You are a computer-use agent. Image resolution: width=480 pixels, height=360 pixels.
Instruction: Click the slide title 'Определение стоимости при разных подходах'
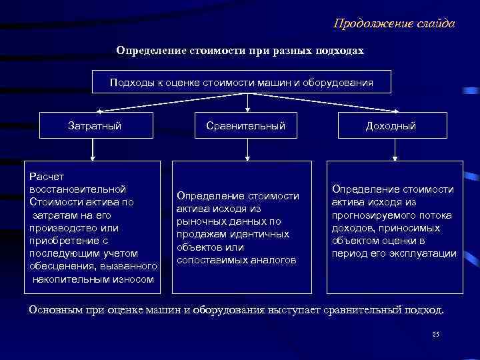(240, 51)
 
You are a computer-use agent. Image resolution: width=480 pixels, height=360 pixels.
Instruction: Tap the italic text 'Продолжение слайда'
(394, 24)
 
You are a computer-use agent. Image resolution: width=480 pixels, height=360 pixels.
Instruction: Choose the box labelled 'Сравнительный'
(245, 125)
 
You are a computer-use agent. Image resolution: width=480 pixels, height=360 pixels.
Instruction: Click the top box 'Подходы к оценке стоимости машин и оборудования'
(241, 82)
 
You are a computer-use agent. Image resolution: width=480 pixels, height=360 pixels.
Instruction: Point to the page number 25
(436, 334)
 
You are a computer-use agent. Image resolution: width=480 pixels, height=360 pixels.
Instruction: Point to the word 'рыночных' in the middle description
(199, 221)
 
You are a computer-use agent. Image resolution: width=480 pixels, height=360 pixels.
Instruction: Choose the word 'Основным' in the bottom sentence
(56, 311)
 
